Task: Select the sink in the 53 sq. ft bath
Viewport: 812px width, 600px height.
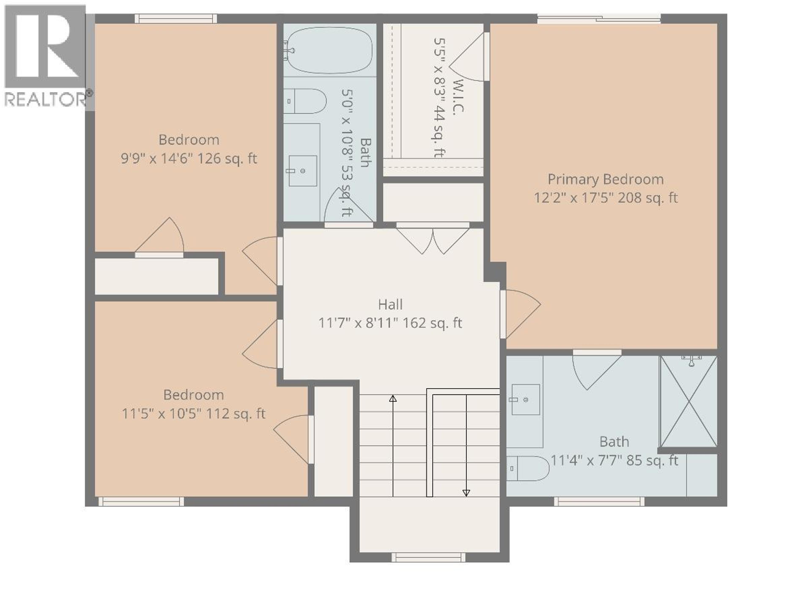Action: point(302,171)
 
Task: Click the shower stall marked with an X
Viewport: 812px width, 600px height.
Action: point(688,401)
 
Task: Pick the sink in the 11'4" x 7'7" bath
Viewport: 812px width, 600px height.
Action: point(525,400)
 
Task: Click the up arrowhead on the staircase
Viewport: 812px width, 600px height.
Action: point(392,398)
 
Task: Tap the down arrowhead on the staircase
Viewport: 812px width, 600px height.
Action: point(466,493)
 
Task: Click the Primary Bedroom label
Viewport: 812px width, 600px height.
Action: point(605,179)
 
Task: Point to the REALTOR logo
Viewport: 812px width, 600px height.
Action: point(45,56)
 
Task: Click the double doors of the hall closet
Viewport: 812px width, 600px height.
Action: point(432,240)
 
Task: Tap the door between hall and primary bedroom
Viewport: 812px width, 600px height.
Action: point(520,314)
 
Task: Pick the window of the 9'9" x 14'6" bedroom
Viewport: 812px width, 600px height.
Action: point(176,19)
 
